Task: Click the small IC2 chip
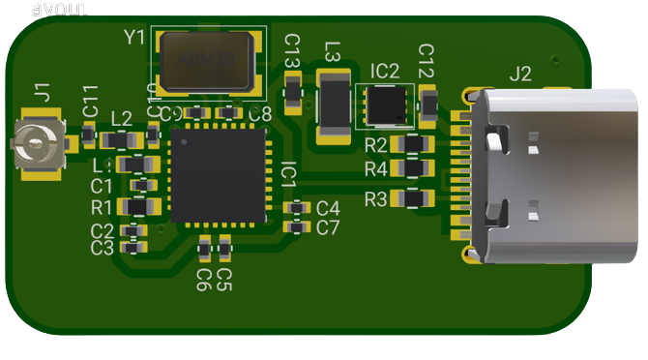pos(385,105)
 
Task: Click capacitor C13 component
pos(293,90)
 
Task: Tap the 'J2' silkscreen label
pos(519,73)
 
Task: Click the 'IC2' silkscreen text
pos(384,71)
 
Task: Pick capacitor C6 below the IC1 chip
pos(204,251)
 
